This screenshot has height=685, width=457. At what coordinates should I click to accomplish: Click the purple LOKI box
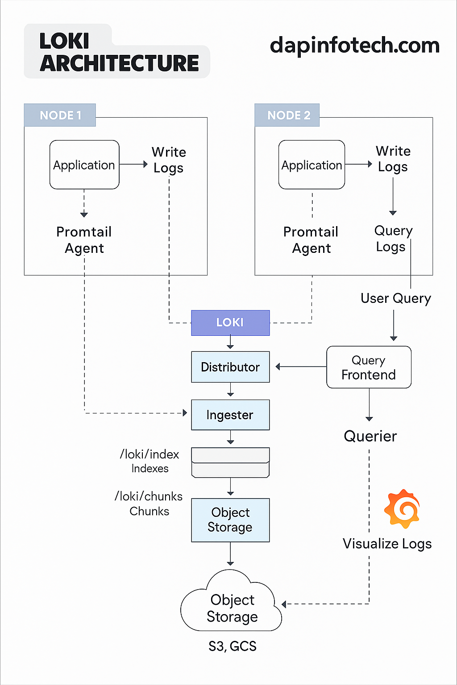pos(230,322)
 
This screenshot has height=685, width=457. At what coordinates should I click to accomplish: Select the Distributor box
pos(230,367)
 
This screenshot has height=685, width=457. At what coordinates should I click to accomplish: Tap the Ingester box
pos(230,415)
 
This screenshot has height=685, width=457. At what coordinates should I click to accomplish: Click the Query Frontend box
pos(369,367)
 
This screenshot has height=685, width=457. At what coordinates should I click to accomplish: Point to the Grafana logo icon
pos(402,509)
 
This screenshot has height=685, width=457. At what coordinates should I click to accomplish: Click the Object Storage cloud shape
pos(231,607)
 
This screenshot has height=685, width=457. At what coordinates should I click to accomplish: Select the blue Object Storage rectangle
pos(230,520)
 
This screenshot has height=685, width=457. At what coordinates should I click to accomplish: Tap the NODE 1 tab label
pos(60,115)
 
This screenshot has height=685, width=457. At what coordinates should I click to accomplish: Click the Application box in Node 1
pos(84,165)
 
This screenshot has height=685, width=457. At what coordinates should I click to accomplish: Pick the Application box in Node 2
pos(312,165)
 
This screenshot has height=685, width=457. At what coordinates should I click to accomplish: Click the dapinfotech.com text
pos(354,45)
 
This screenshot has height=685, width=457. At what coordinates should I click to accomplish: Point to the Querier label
pos(370,436)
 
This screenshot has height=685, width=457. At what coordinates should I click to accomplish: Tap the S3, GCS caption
pos(232,646)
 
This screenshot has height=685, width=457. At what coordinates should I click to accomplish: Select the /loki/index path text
pos(150,454)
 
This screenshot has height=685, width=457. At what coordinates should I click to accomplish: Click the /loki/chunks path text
pos(149,496)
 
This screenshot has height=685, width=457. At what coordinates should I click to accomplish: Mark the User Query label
pos(395,298)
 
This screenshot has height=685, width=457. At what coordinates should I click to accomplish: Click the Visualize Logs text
pos(387,544)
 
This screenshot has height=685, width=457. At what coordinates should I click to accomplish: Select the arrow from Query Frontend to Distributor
pos(301,367)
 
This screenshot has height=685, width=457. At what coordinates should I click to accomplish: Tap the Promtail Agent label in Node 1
pos(84,240)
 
